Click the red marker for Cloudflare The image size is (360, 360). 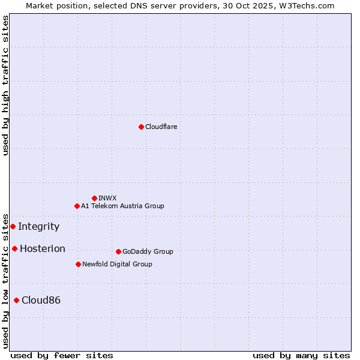coord(141,127)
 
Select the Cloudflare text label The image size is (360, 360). coord(161,127)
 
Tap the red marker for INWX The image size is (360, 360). coord(94,198)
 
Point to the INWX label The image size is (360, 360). coord(107,198)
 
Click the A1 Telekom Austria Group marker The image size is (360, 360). coord(77,206)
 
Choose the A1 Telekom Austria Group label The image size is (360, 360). coord(122,206)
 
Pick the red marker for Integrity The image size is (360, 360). coord(13,226)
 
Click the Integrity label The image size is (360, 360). coord(38,226)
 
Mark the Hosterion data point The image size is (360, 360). coord(14,248)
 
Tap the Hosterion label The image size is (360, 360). coord(42,248)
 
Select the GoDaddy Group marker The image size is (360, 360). coord(118,251)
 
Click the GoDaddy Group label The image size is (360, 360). coord(148,251)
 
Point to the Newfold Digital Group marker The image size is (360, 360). coord(78,264)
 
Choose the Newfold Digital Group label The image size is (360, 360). coord(117,264)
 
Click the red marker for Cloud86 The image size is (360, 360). coord(16,300)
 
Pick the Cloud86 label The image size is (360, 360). coord(41,300)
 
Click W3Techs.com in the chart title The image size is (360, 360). coord(310,5)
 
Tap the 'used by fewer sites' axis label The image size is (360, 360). coord(62,355)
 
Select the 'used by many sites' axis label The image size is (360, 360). coord(301,355)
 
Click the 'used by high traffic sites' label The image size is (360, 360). coord(5,85)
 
